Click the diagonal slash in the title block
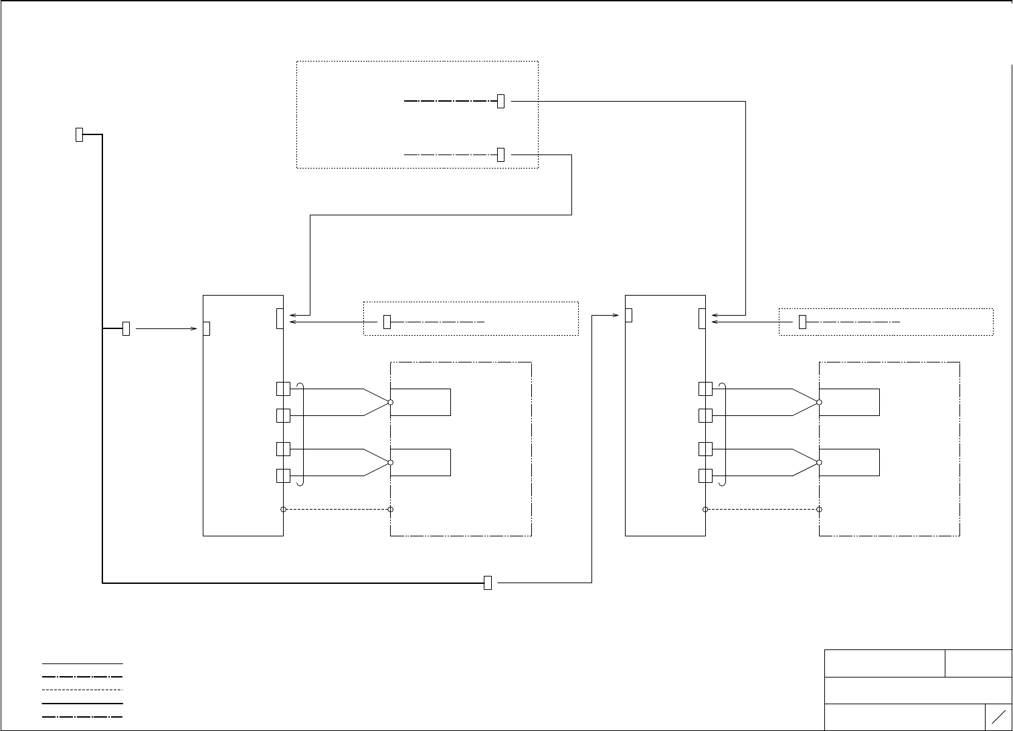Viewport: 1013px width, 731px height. [998, 717]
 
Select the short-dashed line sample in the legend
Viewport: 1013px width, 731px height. [82, 690]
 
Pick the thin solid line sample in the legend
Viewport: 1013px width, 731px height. [82, 663]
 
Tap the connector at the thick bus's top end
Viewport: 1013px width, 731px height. [79, 134]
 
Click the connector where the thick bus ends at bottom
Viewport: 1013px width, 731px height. [488, 583]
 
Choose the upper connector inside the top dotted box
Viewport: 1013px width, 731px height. [500, 101]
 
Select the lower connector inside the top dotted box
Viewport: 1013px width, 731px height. [500, 154]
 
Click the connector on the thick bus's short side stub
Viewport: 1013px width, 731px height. [126, 328]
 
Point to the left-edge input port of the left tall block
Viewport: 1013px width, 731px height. [207, 328]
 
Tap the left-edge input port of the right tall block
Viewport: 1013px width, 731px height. [628, 315]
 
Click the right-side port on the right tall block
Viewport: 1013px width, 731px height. [702, 318]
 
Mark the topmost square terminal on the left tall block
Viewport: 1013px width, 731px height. [283, 389]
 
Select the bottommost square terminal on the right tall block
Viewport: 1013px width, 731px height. [705, 476]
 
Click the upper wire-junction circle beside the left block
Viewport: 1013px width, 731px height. [390, 402]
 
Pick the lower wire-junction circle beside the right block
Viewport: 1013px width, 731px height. [819, 462]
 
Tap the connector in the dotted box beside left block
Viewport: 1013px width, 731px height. [387, 322]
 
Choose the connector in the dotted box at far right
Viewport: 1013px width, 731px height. [802, 322]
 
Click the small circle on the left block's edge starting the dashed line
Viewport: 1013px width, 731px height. [283, 509]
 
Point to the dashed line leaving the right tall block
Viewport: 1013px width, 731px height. [763, 509]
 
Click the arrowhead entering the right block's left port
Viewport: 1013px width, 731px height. [618, 315]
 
